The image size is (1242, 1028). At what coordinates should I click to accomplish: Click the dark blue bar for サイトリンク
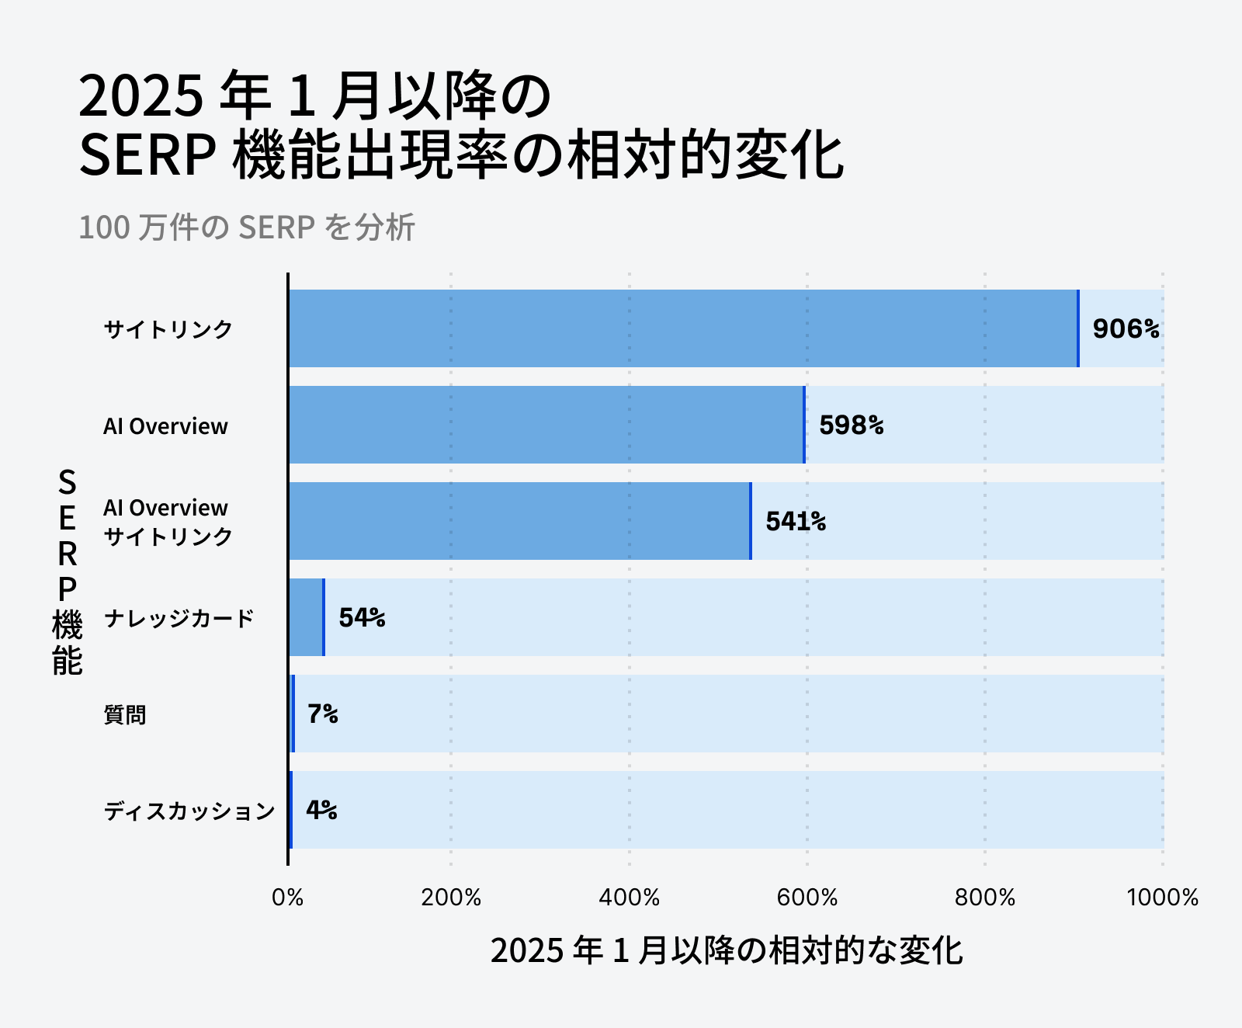coord(683,328)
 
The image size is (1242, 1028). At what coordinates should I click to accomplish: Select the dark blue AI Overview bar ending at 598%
coord(546,425)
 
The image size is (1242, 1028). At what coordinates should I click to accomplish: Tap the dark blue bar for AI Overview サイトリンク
coord(519,521)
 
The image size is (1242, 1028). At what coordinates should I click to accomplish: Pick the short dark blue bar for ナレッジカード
coord(306,617)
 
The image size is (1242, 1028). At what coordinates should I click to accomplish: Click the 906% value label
coord(1126,329)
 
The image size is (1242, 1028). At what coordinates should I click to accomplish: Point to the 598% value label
coord(852,425)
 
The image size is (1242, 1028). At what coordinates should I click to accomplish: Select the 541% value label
coord(796,522)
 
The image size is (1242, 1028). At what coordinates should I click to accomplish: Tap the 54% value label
coord(362,618)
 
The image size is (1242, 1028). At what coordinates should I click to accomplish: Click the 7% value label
coord(323,714)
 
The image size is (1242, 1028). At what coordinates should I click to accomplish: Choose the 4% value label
coord(321,811)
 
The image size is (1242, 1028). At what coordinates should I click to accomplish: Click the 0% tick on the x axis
coord(288,898)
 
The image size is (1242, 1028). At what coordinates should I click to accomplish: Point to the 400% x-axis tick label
coord(629,898)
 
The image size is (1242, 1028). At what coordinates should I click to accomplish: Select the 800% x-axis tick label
coord(984,898)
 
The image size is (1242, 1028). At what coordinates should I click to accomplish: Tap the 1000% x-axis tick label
coord(1162,898)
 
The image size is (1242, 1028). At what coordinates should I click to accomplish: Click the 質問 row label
coord(125,715)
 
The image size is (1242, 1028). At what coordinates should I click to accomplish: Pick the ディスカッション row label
coord(189,811)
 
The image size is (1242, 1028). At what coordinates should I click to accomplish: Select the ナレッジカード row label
coord(179,619)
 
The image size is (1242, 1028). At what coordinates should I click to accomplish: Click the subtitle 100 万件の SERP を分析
coord(247,227)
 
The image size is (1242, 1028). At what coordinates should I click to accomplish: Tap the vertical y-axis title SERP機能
coord(68,571)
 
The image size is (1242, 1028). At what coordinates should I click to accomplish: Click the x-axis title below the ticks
coord(726,951)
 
